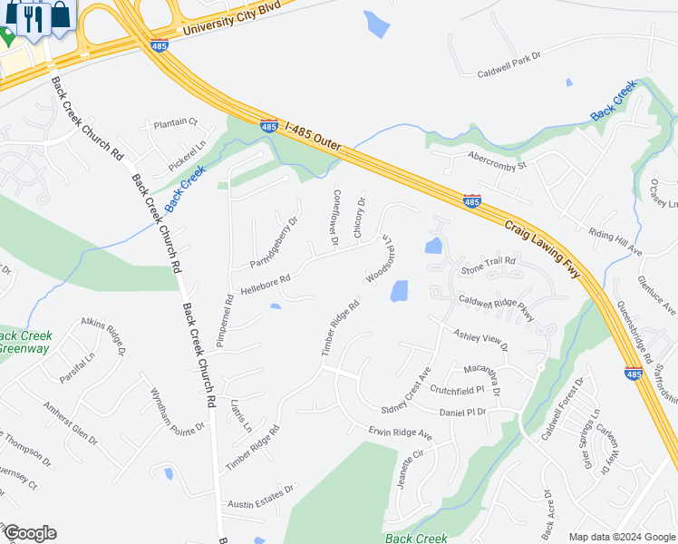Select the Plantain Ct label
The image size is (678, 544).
pyautogui.click(x=175, y=122)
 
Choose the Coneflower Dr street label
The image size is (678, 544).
pyautogui.click(x=334, y=218)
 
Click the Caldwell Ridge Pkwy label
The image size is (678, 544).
pyautogui.click(x=496, y=307)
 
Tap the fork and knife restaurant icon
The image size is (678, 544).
pyautogui.click(x=35, y=17)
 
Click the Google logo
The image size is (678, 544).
pyautogui.click(x=30, y=533)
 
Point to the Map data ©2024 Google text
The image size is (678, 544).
pyautogui.click(x=621, y=537)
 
